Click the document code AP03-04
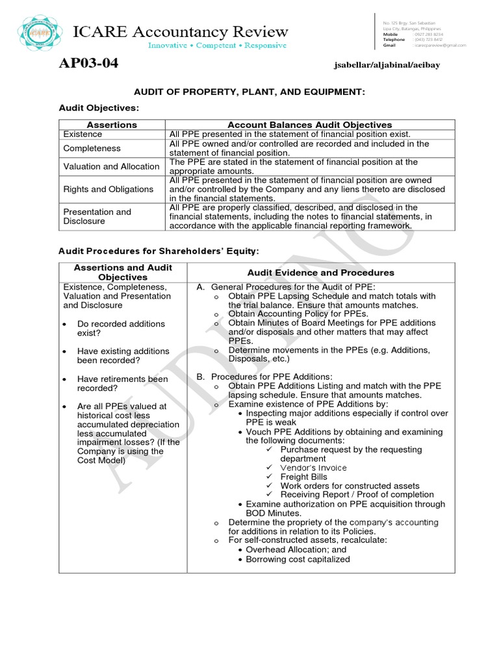(88, 64)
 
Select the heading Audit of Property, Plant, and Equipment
(249, 93)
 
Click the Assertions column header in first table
(112, 125)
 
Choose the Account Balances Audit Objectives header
(309, 125)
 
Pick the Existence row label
(83, 134)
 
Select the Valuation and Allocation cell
(111, 166)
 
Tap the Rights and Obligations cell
(109, 189)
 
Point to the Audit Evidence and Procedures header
(320, 273)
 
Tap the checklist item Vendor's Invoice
(313, 468)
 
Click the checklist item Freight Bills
(303, 477)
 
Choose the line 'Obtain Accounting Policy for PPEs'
(298, 314)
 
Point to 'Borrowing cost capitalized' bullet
(298, 559)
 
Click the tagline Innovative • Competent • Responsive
(217, 45)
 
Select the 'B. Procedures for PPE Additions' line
(264, 376)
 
